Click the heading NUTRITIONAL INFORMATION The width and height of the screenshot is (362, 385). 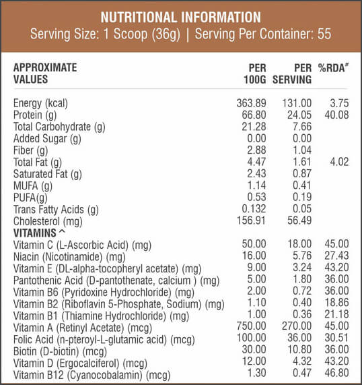click(x=181, y=17)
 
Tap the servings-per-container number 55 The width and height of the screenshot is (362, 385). click(x=324, y=34)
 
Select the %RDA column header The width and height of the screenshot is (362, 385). click(x=333, y=68)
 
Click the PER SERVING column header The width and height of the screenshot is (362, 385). click(x=292, y=73)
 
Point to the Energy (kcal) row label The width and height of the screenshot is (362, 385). click(x=40, y=103)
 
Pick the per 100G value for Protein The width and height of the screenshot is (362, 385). click(x=254, y=115)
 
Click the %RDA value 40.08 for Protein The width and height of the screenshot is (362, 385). click(x=336, y=115)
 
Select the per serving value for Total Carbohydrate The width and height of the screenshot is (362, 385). click(x=302, y=127)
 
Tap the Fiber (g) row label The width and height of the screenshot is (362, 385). click(x=31, y=150)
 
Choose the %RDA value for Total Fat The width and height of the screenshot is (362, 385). click(x=339, y=162)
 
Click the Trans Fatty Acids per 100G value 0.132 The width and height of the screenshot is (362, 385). click(x=254, y=209)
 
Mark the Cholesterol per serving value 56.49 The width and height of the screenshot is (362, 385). click(x=299, y=220)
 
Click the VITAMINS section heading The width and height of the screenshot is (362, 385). click(x=39, y=233)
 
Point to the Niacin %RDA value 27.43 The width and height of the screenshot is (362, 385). click(x=336, y=256)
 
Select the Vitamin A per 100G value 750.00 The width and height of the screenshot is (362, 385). click(x=251, y=326)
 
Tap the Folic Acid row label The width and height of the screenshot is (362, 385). click(x=104, y=340)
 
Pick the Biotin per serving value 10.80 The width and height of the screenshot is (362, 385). click(x=299, y=349)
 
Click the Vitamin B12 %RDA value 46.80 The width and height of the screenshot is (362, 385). click(x=336, y=373)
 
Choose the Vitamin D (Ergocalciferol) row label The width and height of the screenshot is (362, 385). click(x=80, y=363)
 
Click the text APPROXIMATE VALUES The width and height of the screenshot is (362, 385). click(x=45, y=73)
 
